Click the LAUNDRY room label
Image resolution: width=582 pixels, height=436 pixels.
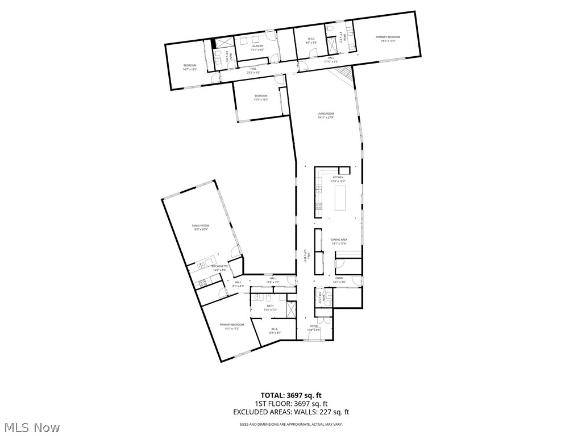(257, 46)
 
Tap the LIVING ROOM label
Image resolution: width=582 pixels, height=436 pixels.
(326, 114)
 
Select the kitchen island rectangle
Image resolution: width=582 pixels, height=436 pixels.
(339, 198)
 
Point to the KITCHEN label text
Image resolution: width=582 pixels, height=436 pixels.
(338, 177)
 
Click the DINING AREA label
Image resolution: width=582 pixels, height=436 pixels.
(339, 240)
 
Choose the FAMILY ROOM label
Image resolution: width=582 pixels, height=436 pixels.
(200, 225)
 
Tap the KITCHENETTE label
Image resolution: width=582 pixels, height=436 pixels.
(219, 266)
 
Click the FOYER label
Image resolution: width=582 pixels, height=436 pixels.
(314, 326)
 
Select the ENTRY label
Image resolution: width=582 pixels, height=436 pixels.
(339, 278)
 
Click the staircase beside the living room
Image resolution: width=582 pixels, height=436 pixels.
(343, 74)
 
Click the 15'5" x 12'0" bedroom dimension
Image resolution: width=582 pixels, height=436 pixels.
(261, 99)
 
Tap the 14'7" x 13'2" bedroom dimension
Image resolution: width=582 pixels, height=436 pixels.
(190, 69)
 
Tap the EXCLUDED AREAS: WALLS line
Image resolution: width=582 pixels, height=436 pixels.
(290, 413)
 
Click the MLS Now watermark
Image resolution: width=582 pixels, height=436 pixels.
(31, 427)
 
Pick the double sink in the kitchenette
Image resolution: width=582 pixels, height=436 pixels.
(201, 265)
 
